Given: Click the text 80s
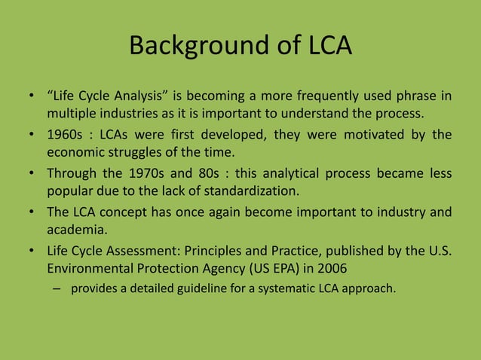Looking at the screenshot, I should point(217,172).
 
